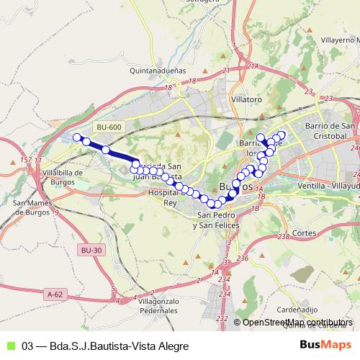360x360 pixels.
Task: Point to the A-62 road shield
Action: coord(55,294)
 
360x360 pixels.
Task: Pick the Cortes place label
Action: coord(305,234)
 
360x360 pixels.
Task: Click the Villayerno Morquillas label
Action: coord(337,40)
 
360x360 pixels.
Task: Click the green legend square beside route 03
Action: coord(10,346)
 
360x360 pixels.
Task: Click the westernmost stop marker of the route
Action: coord(77,137)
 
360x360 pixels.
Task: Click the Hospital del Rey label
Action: coord(161,198)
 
